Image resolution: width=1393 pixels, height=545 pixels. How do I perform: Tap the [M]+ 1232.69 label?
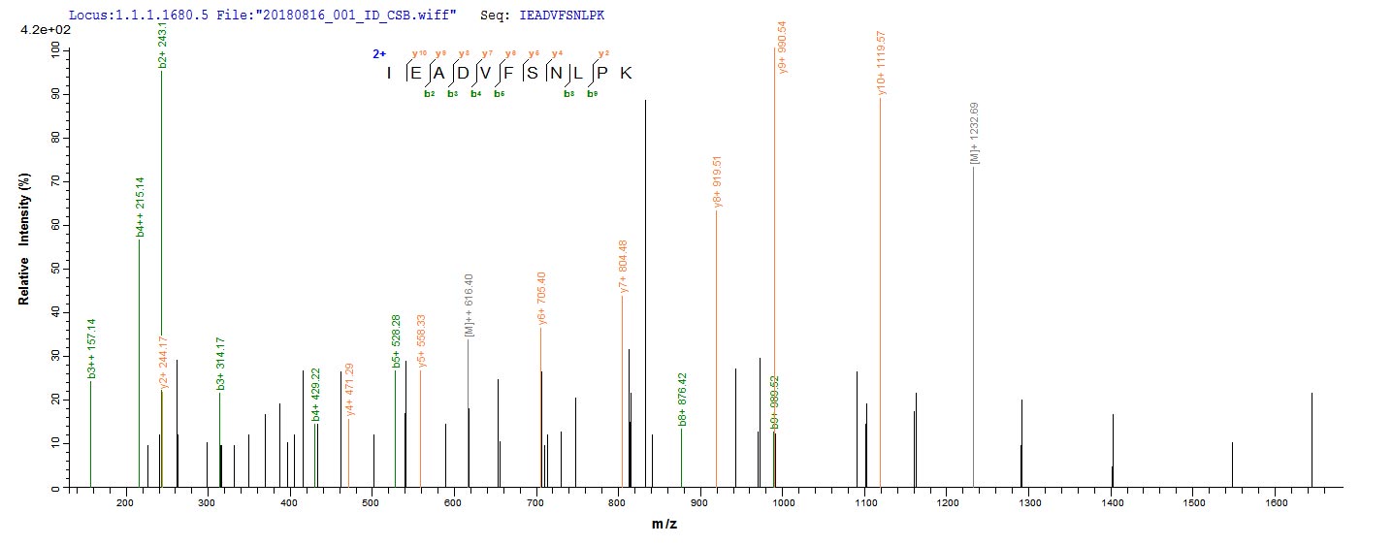[x=974, y=134]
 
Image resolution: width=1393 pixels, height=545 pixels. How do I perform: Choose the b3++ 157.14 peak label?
[x=91, y=349]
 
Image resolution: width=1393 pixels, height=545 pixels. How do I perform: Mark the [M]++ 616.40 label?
[x=470, y=305]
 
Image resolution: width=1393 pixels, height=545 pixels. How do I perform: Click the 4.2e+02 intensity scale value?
[x=41, y=31]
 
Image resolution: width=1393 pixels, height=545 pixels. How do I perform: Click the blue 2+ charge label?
[x=379, y=54]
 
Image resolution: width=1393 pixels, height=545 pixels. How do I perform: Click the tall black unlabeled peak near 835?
[x=645, y=291]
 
